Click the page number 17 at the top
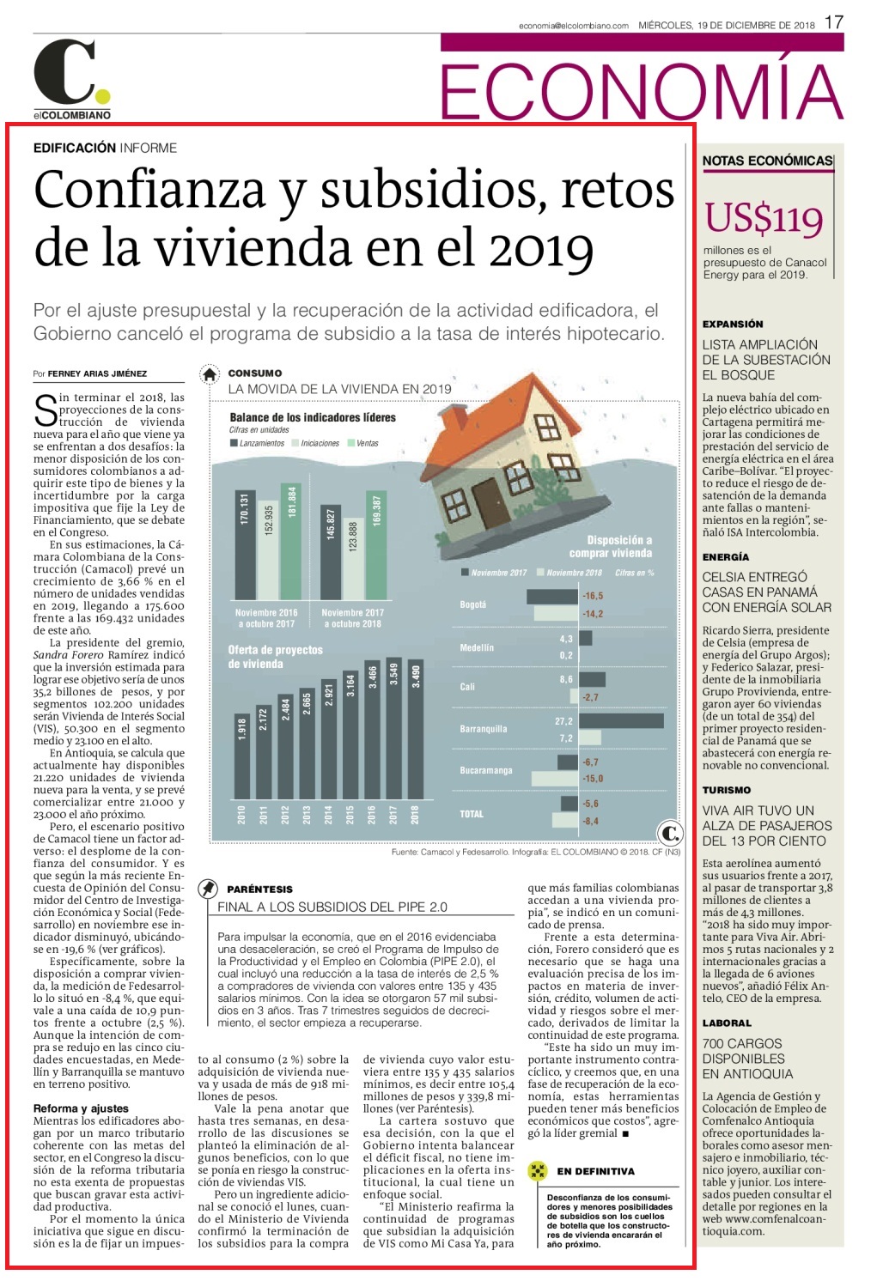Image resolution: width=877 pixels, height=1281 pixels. pyautogui.click(x=834, y=22)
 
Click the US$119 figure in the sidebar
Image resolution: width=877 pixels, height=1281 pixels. pyautogui.click(x=764, y=218)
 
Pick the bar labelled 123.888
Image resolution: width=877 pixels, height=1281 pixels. pyautogui.click(x=353, y=559)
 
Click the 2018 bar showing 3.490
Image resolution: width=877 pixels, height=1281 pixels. pyautogui.click(x=416, y=729)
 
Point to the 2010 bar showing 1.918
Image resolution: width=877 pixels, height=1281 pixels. pyautogui.click(x=241, y=756)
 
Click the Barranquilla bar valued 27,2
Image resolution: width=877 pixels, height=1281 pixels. pyautogui.click(x=621, y=720)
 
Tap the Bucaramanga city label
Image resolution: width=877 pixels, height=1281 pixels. pyautogui.click(x=485, y=770)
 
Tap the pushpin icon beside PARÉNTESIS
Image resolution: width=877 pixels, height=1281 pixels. pyautogui.click(x=208, y=889)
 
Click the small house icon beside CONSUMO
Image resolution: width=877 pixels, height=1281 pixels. pyautogui.click(x=210, y=374)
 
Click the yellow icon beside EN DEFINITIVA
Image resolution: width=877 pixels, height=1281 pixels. pyautogui.click(x=537, y=1170)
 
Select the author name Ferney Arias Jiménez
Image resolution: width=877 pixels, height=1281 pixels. pyautogui.click(x=97, y=373)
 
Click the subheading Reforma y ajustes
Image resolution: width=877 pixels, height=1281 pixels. pyautogui.click(x=81, y=1108)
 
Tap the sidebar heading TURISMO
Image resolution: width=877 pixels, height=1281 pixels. pyautogui.click(x=727, y=790)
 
